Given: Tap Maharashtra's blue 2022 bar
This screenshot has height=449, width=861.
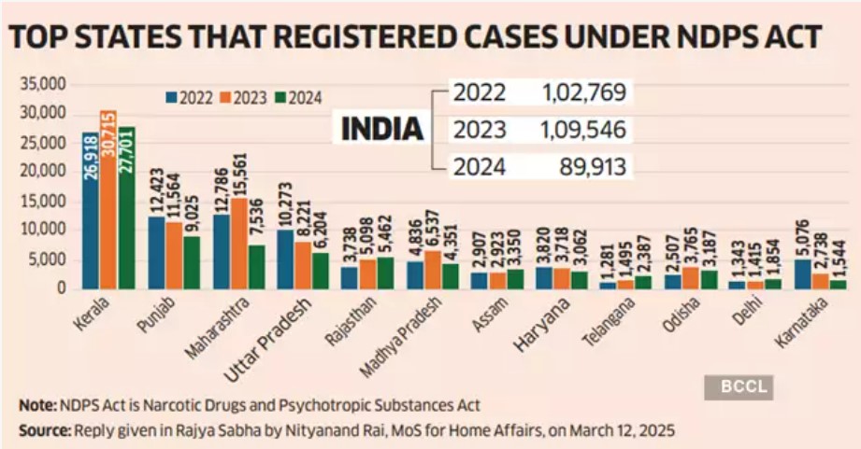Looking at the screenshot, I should coord(221,252).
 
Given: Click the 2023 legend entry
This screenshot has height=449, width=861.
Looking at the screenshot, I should coord(244,96).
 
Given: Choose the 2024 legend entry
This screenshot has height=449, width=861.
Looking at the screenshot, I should coord(302,96).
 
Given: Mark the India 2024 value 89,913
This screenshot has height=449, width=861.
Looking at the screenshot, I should coord(591,167).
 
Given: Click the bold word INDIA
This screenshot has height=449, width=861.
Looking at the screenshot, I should coord(381,129).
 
